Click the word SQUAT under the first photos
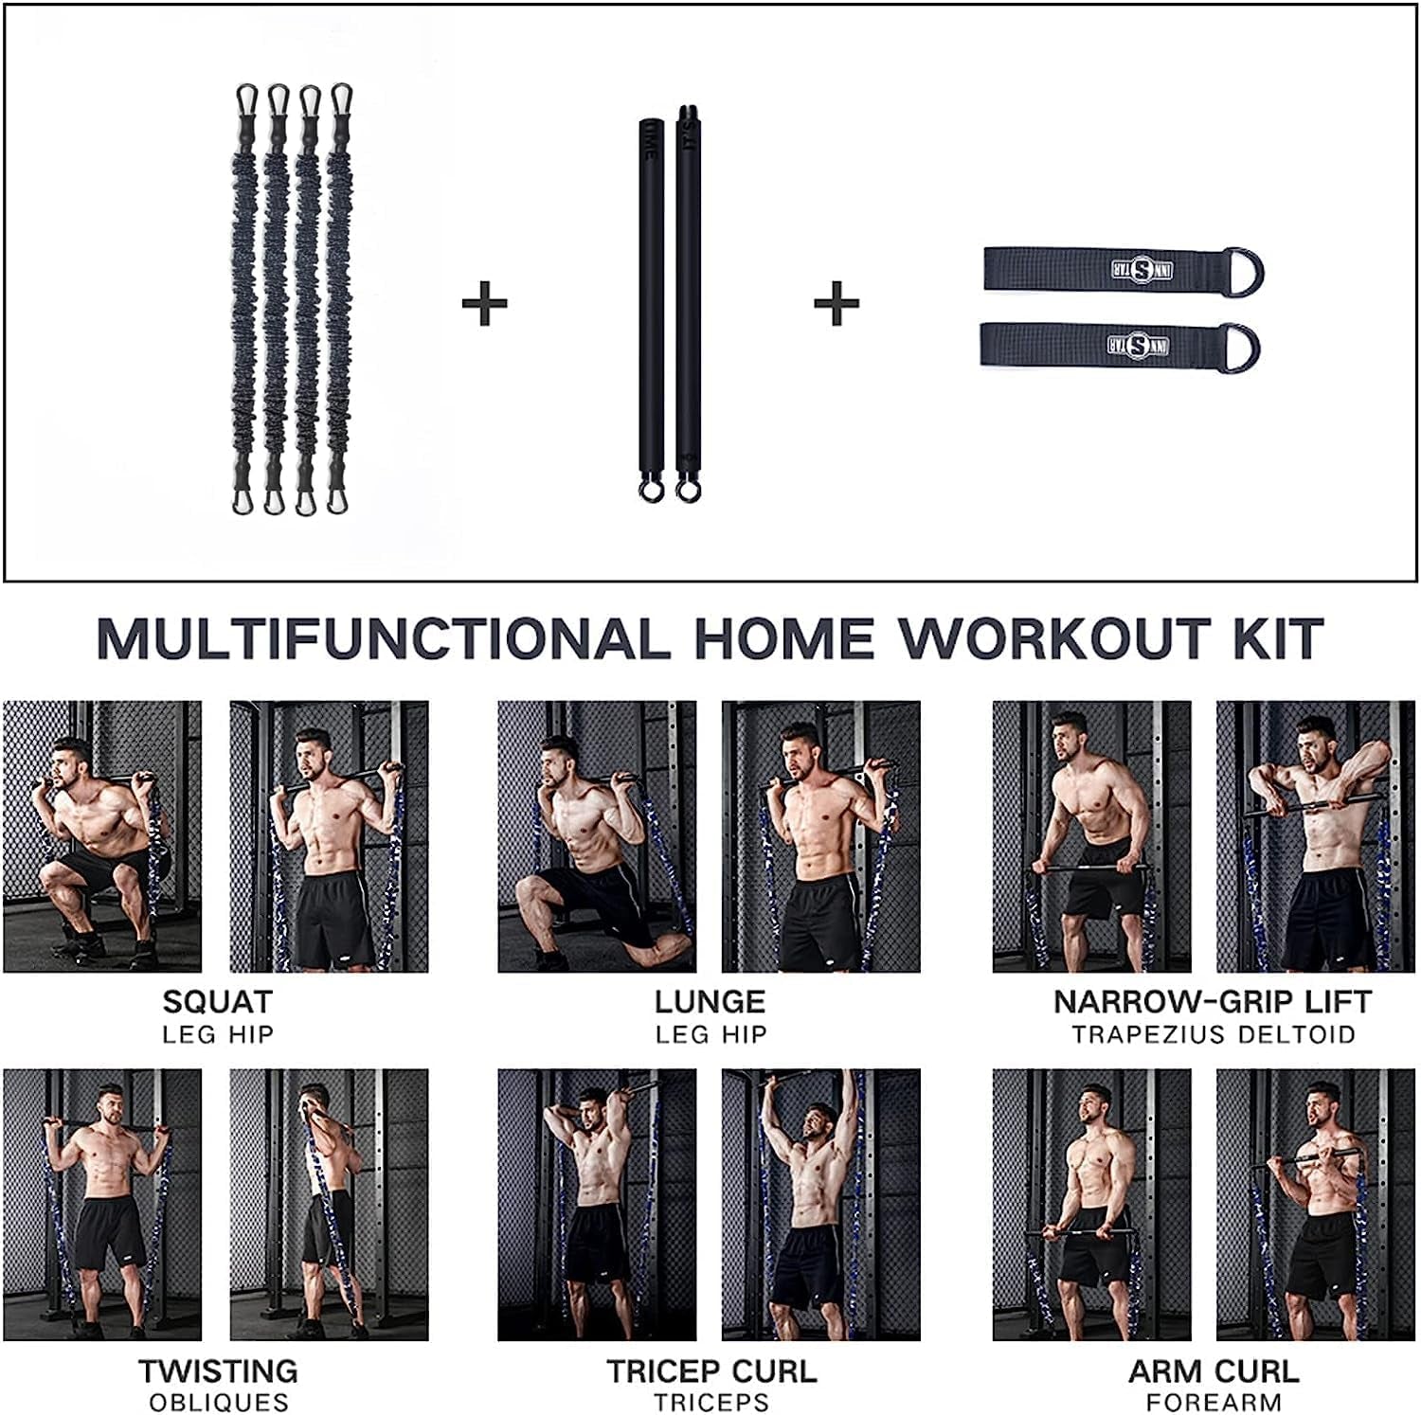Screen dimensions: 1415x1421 click(217, 1002)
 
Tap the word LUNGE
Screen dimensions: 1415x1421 click(710, 1002)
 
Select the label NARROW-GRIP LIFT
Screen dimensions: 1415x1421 click(1213, 1002)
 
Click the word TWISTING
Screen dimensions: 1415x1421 click(218, 1371)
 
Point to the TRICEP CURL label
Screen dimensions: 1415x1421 click(711, 1371)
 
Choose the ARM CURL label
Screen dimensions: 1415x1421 click(1214, 1371)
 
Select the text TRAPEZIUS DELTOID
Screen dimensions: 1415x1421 click(1214, 1034)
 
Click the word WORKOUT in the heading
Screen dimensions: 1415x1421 click(1054, 639)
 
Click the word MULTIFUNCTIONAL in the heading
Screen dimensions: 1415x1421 click(383, 639)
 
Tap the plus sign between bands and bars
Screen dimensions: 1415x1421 click(484, 304)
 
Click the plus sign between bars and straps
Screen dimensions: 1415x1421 click(836, 304)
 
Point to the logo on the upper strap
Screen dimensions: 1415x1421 click(1142, 269)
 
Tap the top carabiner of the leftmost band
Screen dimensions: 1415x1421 click(247, 99)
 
